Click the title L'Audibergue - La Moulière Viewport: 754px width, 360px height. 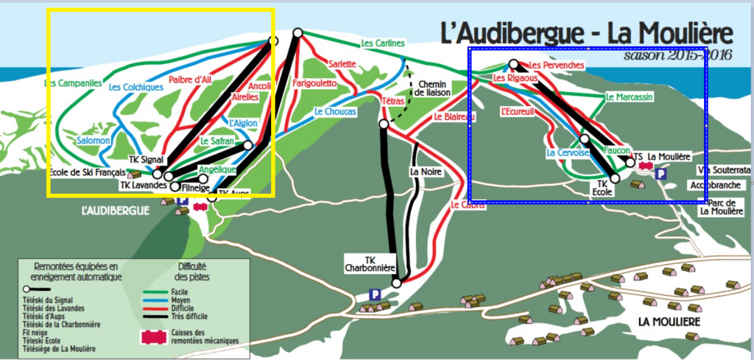tap(587, 34)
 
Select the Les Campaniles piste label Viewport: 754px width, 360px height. tap(71, 84)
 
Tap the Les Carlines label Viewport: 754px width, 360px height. tap(383, 44)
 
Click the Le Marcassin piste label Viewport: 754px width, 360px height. tap(629, 96)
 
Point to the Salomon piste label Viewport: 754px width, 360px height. tap(93, 140)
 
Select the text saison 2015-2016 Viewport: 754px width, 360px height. tap(677, 55)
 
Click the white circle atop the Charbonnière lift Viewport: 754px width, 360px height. tap(383, 124)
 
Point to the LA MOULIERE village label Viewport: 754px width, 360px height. tap(669, 322)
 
